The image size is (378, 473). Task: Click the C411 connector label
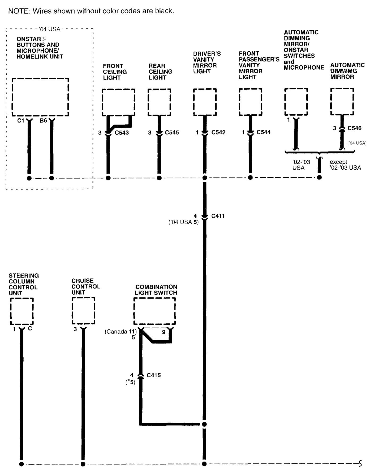click(x=218, y=216)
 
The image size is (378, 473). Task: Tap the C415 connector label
click(x=154, y=375)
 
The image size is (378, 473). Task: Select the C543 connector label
click(x=122, y=132)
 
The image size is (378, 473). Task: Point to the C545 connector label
click(x=172, y=132)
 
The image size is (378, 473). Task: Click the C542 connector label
click(x=218, y=132)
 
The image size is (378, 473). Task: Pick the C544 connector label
click(x=263, y=132)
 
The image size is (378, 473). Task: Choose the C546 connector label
click(x=354, y=128)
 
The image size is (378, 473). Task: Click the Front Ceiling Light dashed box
click(x=118, y=102)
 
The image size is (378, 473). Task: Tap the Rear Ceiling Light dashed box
click(x=159, y=102)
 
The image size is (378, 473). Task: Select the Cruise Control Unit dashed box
click(x=83, y=311)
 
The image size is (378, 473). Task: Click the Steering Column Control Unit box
click(x=22, y=311)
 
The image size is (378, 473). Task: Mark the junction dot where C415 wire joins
click(x=204, y=424)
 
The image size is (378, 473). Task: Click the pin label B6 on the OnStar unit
click(x=43, y=121)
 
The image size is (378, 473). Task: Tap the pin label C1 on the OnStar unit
click(x=21, y=121)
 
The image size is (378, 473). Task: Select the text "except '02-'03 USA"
click(x=345, y=165)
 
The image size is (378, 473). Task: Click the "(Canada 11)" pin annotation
click(x=121, y=332)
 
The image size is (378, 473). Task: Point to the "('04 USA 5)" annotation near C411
click(x=183, y=222)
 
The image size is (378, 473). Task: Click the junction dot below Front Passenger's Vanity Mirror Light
click(x=250, y=177)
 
